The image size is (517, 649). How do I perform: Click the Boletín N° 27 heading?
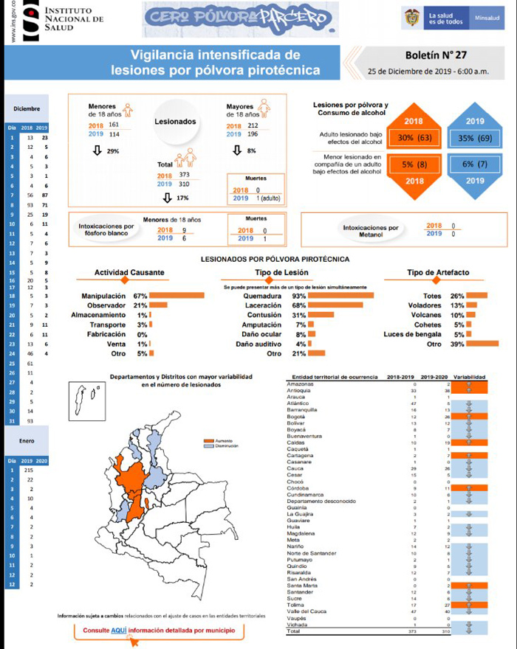pyautogui.click(x=436, y=55)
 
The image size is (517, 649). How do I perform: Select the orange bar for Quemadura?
pyautogui.click(x=342, y=296)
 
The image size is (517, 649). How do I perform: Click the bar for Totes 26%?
pyautogui.click(x=476, y=296)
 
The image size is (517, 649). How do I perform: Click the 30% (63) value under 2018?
pyautogui.click(x=414, y=138)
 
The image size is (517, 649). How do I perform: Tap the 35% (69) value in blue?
pyautogui.click(x=476, y=138)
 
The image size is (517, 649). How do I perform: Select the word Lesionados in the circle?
pyautogui.click(x=175, y=122)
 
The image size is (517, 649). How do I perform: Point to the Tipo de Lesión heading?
pyautogui.click(x=276, y=273)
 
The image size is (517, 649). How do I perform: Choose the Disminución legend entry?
pyautogui.click(x=221, y=446)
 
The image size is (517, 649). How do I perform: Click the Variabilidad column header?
pyautogui.click(x=469, y=376)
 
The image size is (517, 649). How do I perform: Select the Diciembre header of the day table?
pyautogui.click(x=27, y=109)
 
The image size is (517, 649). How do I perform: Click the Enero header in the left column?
pyautogui.click(x=27, y=441)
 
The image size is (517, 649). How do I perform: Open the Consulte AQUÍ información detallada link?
pyautogui.click(x=160, y=631)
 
